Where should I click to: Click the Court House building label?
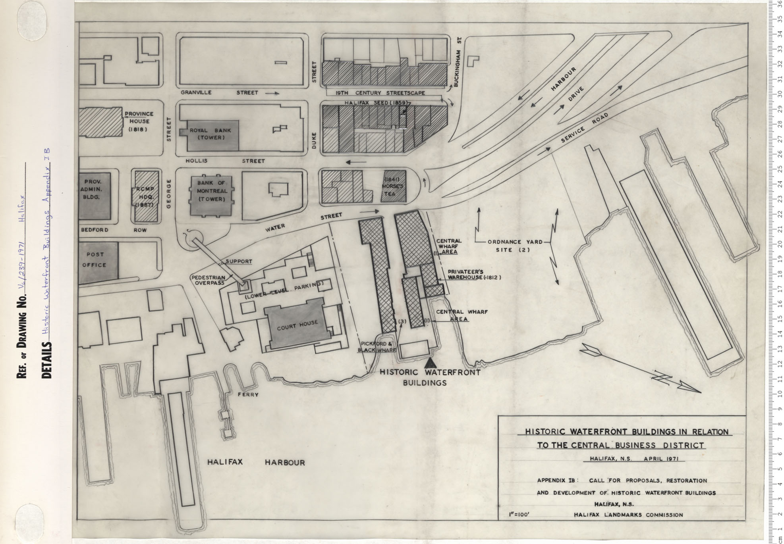point(297,324)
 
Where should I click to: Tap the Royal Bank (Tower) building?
point(210,134)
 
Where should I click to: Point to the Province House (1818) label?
point(139,121)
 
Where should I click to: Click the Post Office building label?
point(95,260)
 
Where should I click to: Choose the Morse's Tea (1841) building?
point(394,186)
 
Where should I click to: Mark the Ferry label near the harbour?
point(248,394)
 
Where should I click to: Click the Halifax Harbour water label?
point(256,462)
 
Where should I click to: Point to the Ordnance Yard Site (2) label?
point(515,246)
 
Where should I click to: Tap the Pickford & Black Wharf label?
point(377,347)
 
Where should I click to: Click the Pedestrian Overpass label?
point(209,280)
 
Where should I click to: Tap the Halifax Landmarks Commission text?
point(628,515)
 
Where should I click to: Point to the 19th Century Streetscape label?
point(380,93)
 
